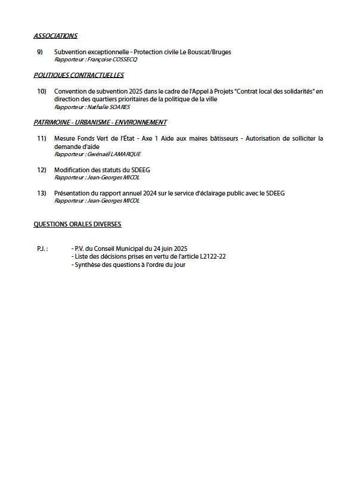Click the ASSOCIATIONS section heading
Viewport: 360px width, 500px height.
coord(55,36)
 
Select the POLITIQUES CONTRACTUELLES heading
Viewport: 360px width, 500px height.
coord(79,76)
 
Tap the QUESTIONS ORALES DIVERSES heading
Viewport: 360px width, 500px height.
coord(77,225)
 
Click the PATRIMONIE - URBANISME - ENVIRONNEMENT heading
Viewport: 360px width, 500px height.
coord(100,123)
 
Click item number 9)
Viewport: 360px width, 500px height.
coord(40,52)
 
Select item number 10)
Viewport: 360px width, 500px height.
coord(41,92)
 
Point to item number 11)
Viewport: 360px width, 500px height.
coord(41,139)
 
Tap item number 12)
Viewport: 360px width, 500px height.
coord(41,170)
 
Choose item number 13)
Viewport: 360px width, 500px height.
coord(41,194)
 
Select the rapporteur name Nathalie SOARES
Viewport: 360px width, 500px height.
coord(108,107)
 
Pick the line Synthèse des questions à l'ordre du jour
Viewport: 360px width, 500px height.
coord(128,265)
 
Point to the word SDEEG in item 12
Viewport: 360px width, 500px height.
coord(141,170)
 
